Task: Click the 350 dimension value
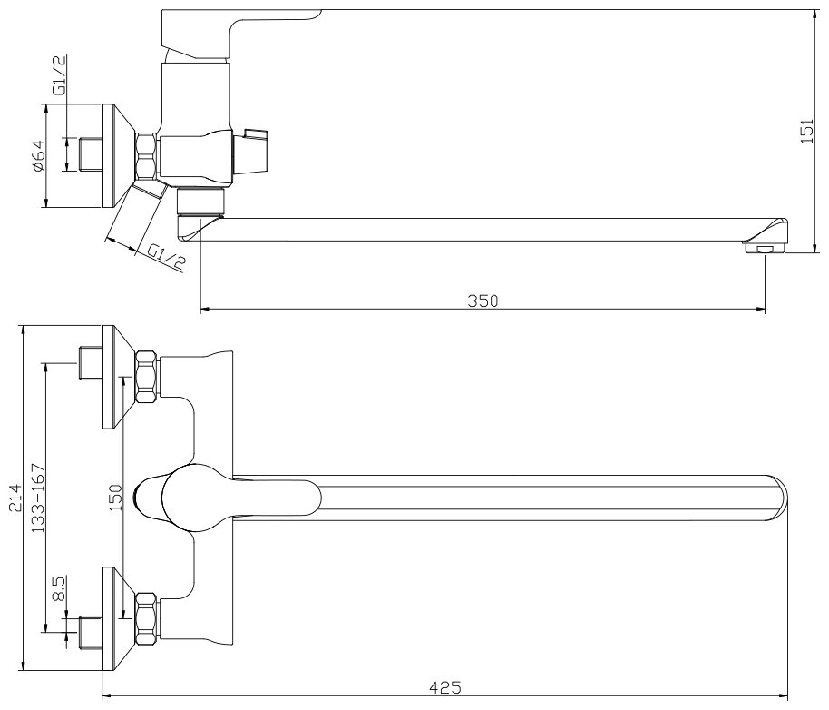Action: [483, 300]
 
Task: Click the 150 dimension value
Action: [116, 498]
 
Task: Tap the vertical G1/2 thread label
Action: [60, 75]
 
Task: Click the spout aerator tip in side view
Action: [763, 246]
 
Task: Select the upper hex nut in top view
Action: [146, 377]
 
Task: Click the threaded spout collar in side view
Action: [200, 201]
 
